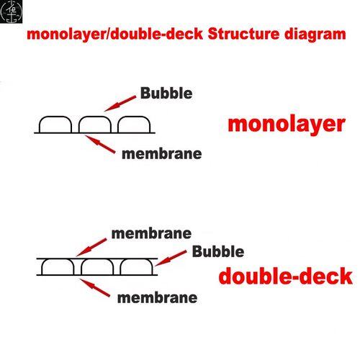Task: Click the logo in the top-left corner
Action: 11,12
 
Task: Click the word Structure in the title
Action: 243,34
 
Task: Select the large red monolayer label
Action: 287,125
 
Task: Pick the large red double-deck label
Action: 286,276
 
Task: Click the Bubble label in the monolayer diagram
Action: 166,93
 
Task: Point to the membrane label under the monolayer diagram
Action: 162,154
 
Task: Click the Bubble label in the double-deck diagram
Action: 218,251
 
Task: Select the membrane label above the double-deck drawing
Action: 151,233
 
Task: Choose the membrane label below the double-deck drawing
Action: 158,298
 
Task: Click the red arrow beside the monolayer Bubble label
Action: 120,104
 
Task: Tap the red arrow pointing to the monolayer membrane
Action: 100,144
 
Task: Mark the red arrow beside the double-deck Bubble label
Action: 171,258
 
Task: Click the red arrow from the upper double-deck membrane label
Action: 91,248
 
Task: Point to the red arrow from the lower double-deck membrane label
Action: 95,288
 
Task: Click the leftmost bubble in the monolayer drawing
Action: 55,117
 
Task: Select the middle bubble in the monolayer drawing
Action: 95,117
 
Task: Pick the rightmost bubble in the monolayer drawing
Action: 134,117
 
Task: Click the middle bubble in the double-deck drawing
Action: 97,260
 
